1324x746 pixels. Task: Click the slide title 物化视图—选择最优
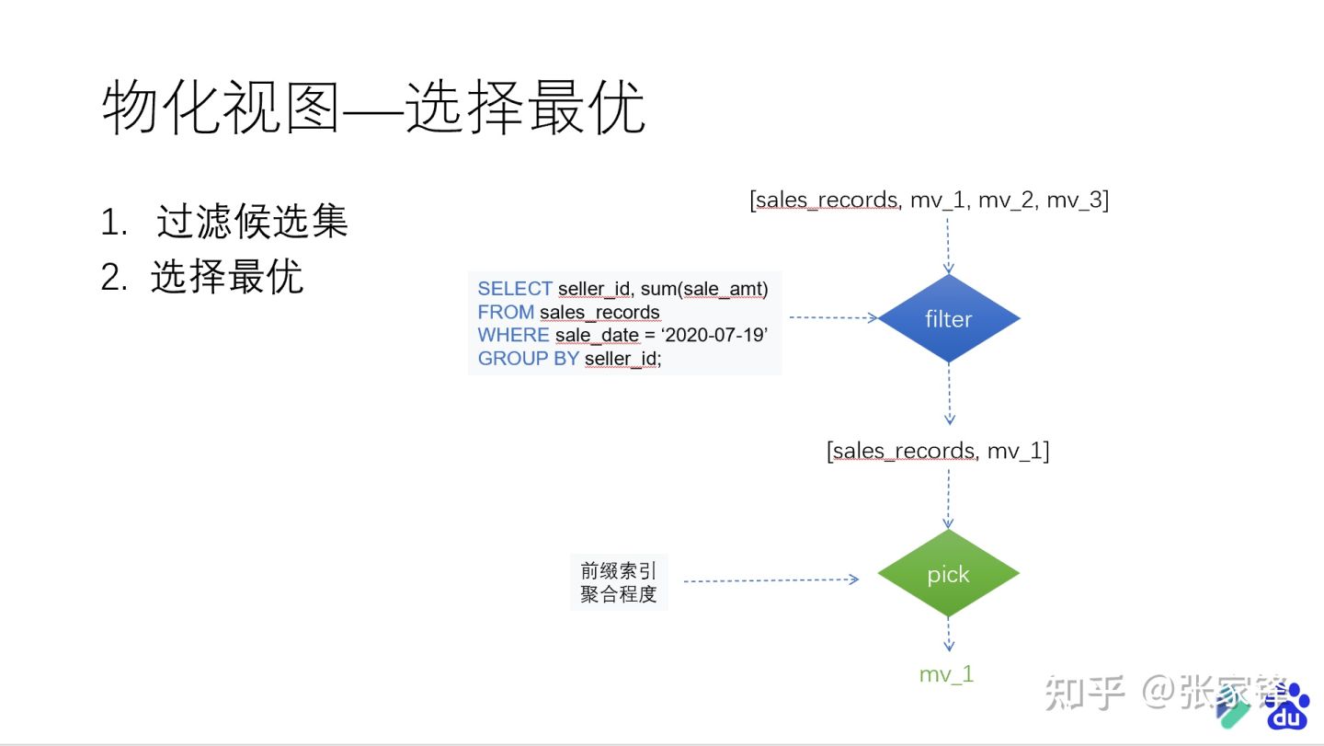373,108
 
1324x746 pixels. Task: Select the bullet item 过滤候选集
252,222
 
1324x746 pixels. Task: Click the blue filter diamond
949,318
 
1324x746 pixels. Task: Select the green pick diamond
948,574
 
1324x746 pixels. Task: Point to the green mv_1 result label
946,674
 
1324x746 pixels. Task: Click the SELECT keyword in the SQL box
514,289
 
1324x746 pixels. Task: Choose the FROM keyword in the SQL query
505,313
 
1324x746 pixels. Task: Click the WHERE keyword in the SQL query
513,336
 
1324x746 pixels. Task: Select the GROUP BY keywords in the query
528,359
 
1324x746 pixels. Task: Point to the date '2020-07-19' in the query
713,336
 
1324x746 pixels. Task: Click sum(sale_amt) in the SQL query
704,289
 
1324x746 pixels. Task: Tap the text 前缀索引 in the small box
619,570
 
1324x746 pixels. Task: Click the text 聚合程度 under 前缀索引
619,594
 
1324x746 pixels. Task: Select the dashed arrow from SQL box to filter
833,318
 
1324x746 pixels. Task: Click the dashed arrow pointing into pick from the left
770,580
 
